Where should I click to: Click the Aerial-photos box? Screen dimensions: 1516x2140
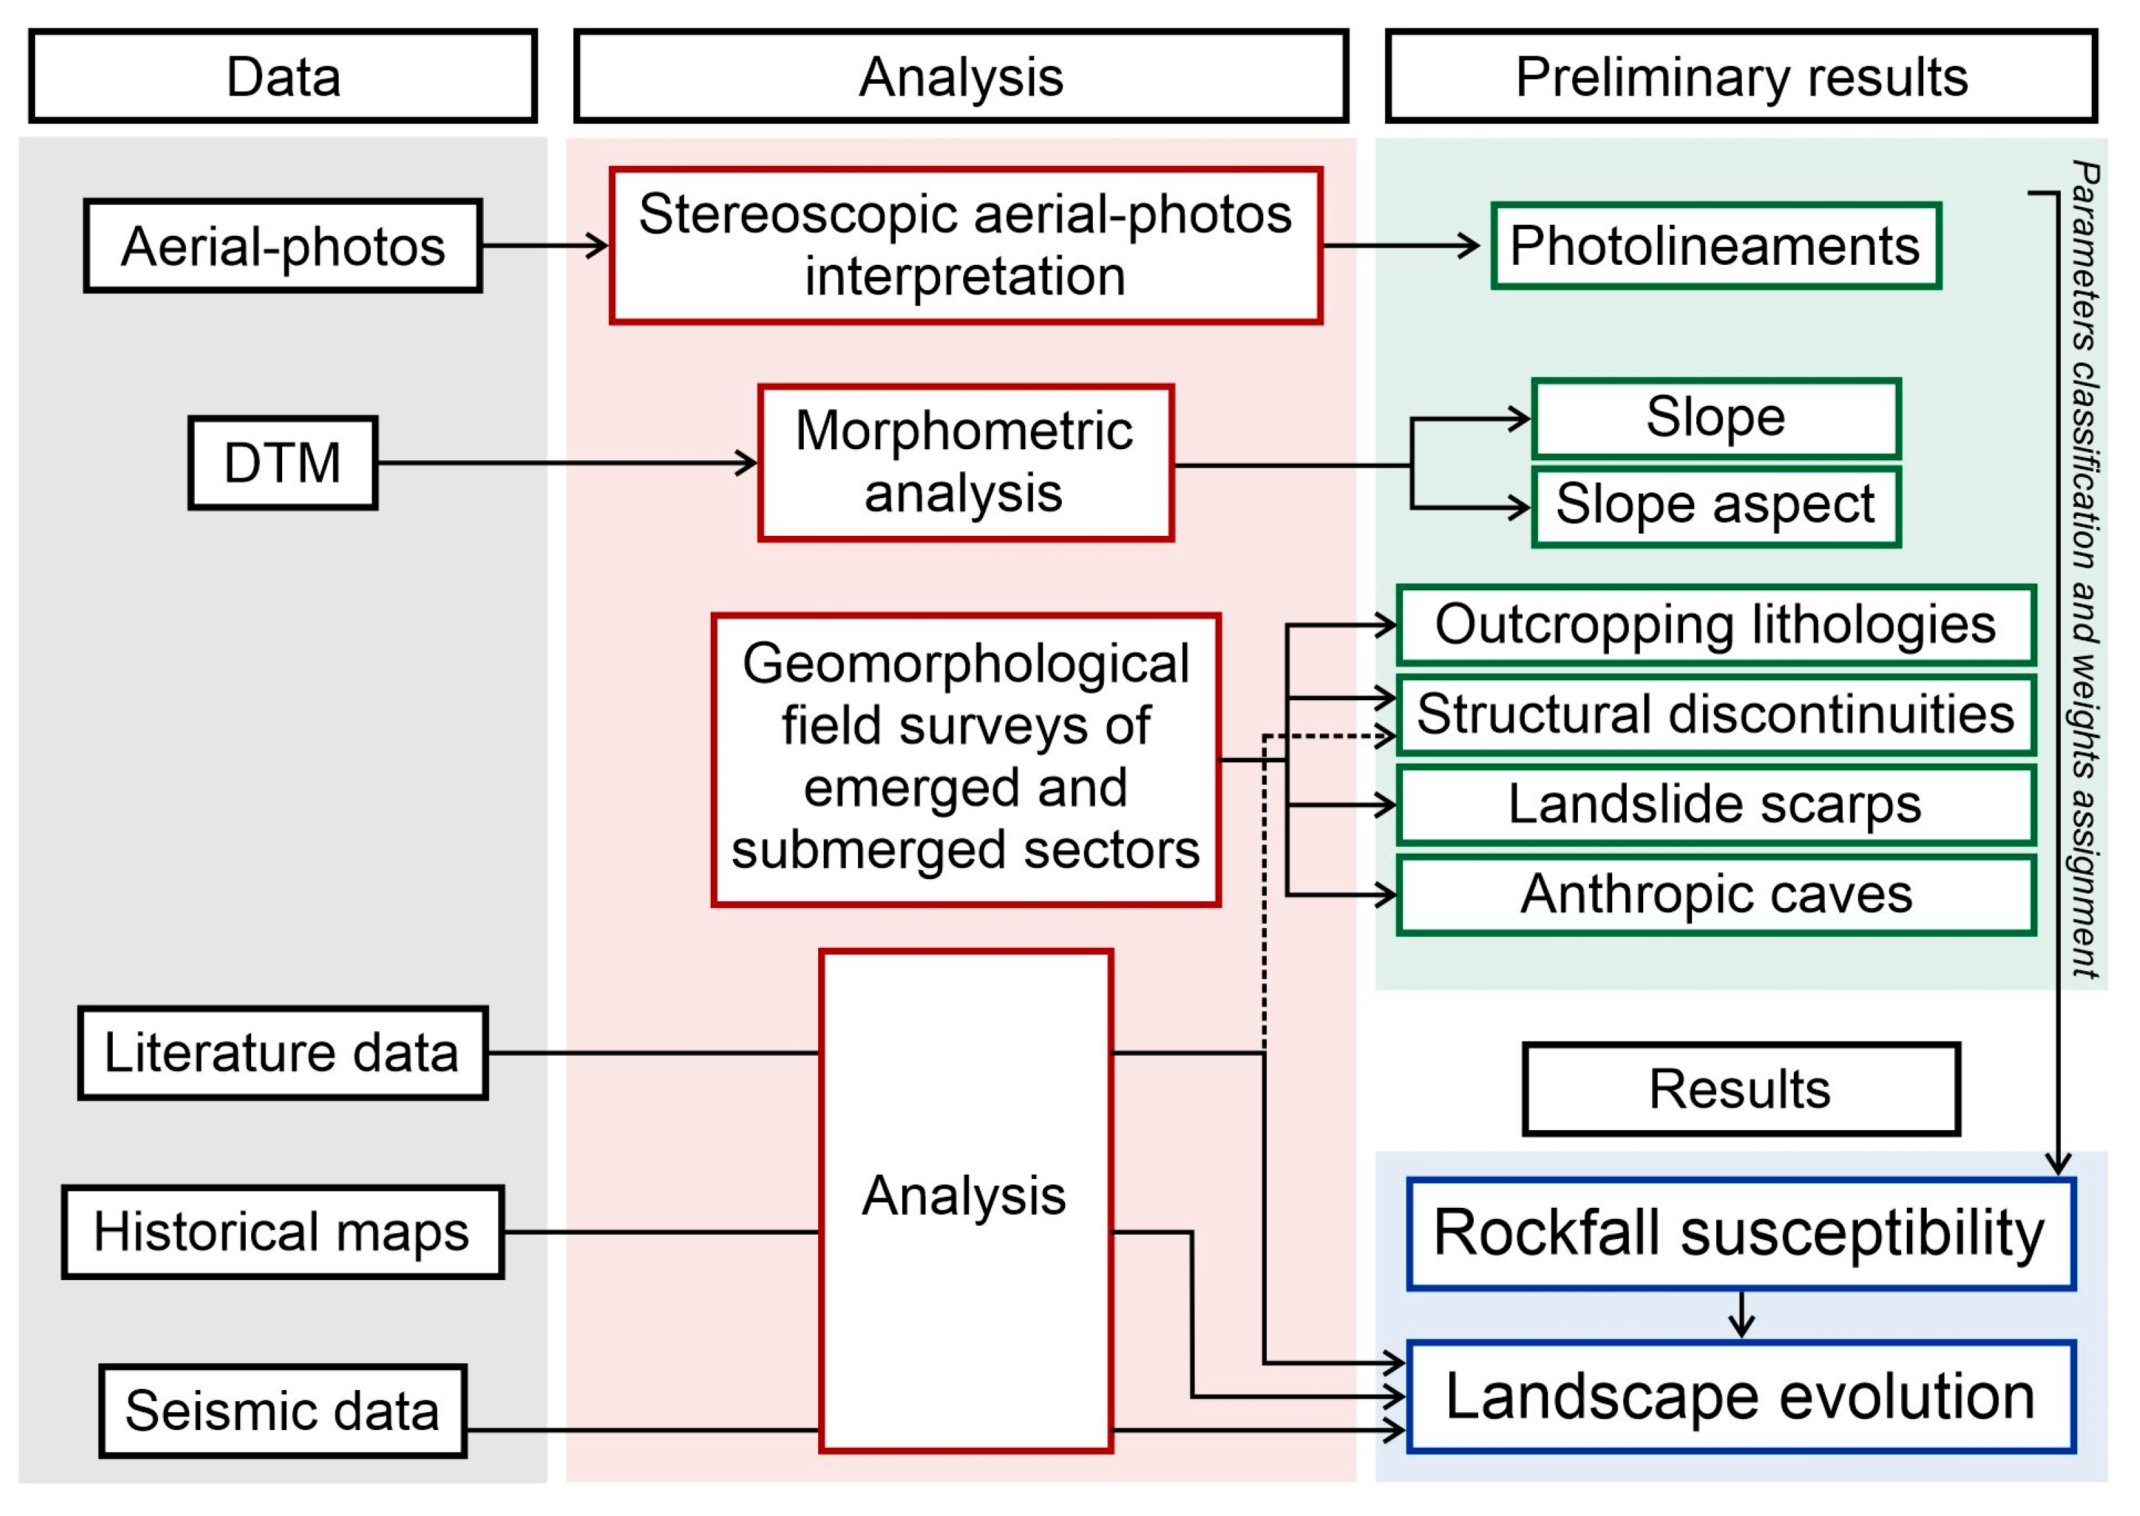click(x=283, y=246)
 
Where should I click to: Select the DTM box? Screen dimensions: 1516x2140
click(x=283, y=463)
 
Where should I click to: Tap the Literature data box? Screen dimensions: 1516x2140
click(x=282, y=1053)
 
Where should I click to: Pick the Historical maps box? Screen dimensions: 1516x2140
click(x=282, y=1232)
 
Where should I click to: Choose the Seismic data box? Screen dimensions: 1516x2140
click(x=282, y=1411)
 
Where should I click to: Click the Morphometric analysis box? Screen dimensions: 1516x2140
click(x=965, y=463)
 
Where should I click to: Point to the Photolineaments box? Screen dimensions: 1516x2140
click(x=1715, y=246)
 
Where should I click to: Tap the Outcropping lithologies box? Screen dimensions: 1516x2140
click(x=1715, y=625)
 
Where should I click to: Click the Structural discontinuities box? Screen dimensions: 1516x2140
click(x=1715, y=714)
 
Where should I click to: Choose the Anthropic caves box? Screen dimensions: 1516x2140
click(x=1715, y=894)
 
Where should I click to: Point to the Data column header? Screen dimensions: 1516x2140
click(x=283, y=76)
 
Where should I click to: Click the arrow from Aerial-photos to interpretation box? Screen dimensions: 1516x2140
click(x=544, y=246)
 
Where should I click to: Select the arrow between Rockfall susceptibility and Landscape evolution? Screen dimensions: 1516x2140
click(x=1742, y=1314)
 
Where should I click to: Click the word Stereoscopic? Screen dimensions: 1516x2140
click(x=800, y=215)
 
